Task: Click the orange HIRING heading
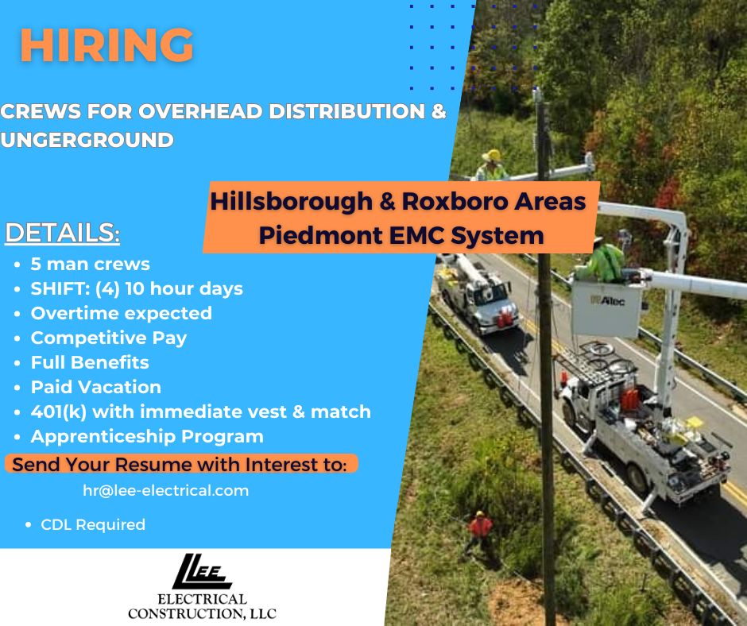pyautogui.click(x=106, y=44)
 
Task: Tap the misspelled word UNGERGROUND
pyautogui.click(x=87, y=140)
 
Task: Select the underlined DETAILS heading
pyautogui.click(x=62, y=233)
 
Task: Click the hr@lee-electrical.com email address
pyautogui.click(x=166, y=491)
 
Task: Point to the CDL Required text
pyautogui.click(x=93, y=524)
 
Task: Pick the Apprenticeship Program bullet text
pyautogui.click(x=147, y=436)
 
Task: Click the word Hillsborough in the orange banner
pyautogui.click(x=291, y=201)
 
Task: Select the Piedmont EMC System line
pyautogui.click(x=401, y=235)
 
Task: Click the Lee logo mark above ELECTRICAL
pyautogui.click(x=202, y=571)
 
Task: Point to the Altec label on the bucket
pyautogui.click(x=607, y=300)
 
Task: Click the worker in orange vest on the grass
pyautogui.click(x=478, y=531)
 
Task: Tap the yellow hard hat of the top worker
pyautogui.click(x=492, y=156)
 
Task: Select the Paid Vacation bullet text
pyautogui.click(x=95, y=387)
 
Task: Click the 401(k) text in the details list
pyautogui.click(x=59, y=412)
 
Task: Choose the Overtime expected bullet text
pyautogui.click(x=121, y=313)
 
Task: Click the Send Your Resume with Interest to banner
pyautogui.click(x=181, y=464)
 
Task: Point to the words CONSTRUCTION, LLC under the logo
pyautogui.click(x=202, y=613)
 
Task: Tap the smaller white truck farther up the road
pyautogui.click(x=478, y=292)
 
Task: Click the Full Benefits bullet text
pyautogui.click(x=90, y=362)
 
